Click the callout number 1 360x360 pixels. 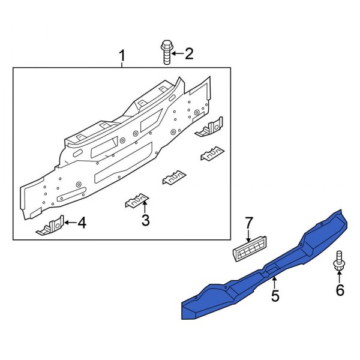coord(122,57)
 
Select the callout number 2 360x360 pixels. coord(188,55)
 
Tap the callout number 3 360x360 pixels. coord(145,221)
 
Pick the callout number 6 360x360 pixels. coord(340,290)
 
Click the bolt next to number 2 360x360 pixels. coord(166,52)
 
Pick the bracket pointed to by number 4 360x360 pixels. coord(52,227)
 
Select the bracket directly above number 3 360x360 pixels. coord(137,200)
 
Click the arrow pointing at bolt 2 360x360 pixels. coord(176,55)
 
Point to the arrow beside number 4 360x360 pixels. coord(68,223)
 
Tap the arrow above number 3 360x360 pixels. coord(145,208)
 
